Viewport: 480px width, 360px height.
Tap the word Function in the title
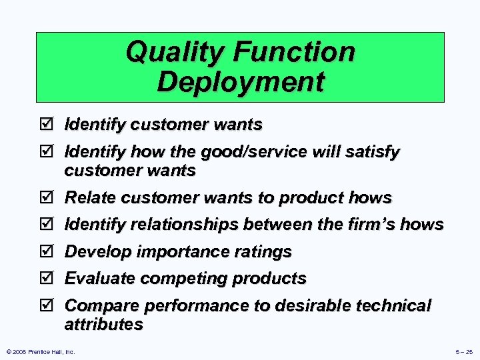coord(298,52)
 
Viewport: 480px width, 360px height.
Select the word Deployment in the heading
coord(241,83)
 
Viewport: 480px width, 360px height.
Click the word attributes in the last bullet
coord(103,325)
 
